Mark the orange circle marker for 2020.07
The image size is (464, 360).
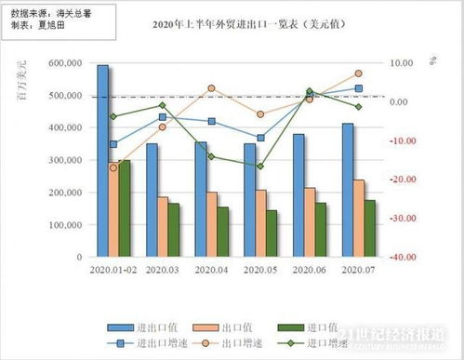[x=358, y=73]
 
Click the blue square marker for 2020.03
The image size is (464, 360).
[x=162, y=117]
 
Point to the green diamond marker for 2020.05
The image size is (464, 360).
[x=260, y=166]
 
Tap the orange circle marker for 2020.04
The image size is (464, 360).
[x=211, y=88]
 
